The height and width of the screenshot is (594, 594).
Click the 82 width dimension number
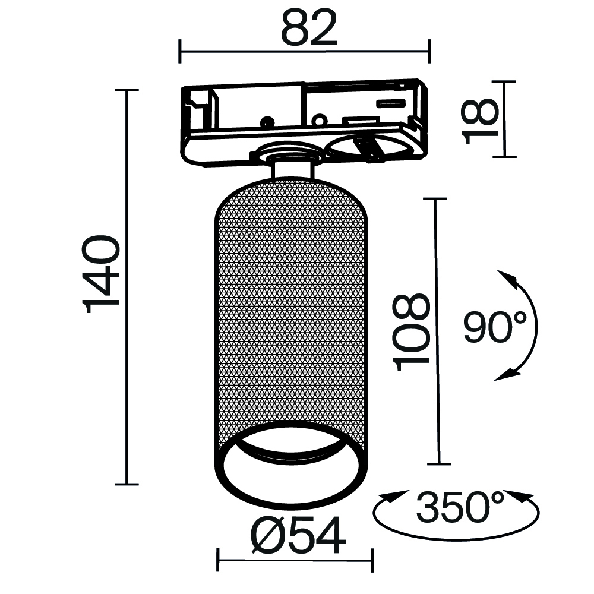pos(309,29)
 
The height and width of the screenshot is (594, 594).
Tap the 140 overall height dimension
pos(102,274)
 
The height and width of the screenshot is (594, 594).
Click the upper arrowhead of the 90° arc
pos(507,278)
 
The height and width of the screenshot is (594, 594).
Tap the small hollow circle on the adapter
pos(320,121)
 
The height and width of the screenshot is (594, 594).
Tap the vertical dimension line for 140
pos(127,285)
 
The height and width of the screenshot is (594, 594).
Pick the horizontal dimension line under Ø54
pos(295,559)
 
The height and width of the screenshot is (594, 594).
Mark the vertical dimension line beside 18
pos(505,119)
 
